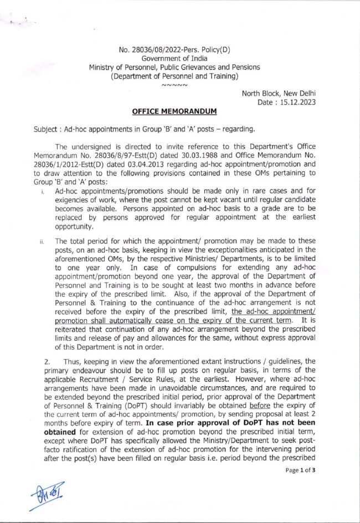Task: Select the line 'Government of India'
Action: (174, 58)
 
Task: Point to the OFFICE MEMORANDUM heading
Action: (174, 112)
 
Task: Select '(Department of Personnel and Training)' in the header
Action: (174, 76)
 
